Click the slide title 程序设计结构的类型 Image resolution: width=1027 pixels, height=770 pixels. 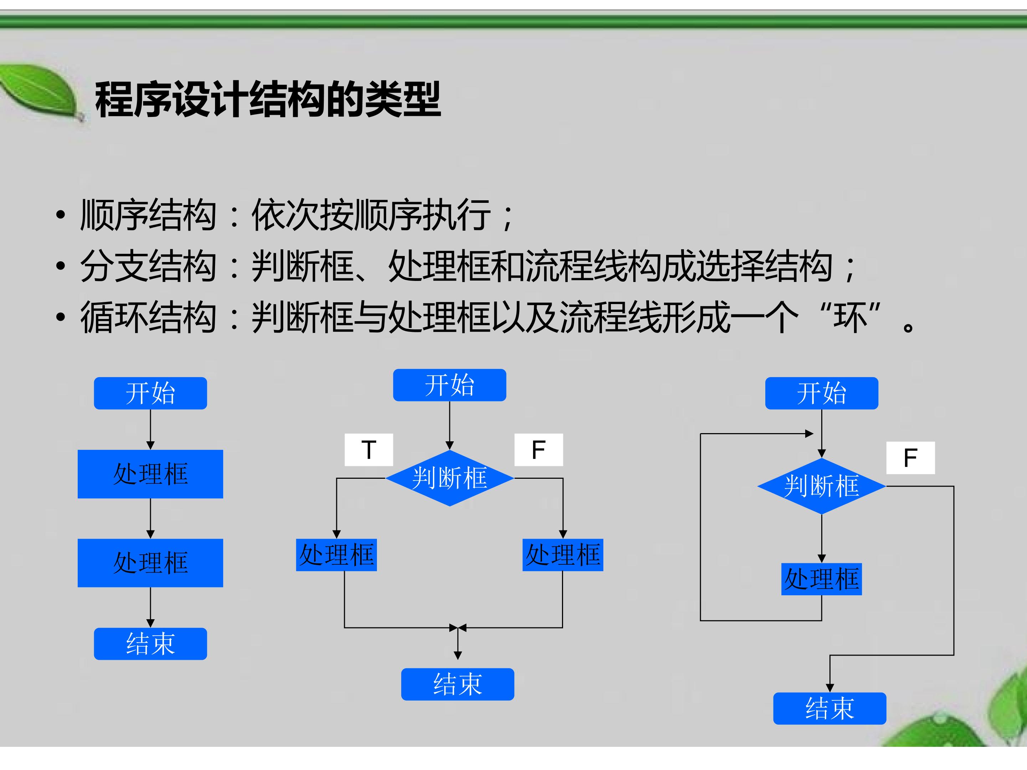click(268, 99)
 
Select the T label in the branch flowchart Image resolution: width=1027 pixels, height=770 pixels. click(369, 450)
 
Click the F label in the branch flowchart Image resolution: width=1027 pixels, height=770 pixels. click(538, 450)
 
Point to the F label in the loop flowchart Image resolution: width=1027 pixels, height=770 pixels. click(910, 458)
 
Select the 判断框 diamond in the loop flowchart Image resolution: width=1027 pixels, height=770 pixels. click(822, 486)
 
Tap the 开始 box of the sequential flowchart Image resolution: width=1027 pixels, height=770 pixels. click(150, 393)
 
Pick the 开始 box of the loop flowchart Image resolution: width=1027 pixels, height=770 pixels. click(822, 393)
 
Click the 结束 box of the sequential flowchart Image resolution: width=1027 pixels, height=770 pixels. click(150, 644)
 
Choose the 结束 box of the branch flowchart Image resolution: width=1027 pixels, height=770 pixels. click(458, 684)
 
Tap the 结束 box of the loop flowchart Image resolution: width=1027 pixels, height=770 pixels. click(830, 708)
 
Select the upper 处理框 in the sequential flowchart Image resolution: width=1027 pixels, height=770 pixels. click(150, 474)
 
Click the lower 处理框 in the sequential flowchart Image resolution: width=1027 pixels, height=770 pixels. click(150, 563)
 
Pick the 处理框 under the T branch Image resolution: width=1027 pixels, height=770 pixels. click(337, 555)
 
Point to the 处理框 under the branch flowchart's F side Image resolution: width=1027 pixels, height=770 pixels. click(563, 555)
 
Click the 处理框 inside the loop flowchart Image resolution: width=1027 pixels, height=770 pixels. click(822, 579)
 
